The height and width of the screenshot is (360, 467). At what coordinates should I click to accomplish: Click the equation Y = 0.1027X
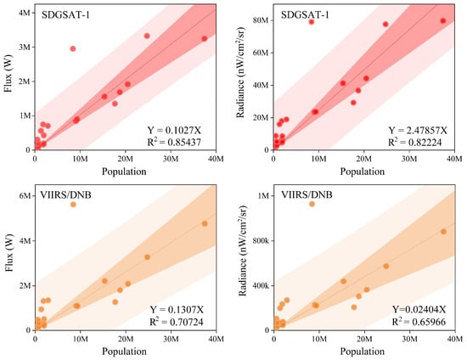pyautogui.click(x=174, y=130)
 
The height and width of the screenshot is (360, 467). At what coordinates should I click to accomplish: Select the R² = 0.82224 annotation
pyautogui.click(x=414, y=142)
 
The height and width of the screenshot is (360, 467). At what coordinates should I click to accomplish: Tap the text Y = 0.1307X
pyautogui.click(x=177, y=310)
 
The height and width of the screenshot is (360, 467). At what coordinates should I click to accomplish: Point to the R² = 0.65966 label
pyautogui.click(x=419, y=322)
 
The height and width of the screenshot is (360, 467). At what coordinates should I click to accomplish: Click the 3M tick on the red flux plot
pyautogui.click(x=25, y=47)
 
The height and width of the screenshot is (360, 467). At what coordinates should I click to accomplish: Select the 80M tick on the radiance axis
pyautogui.click(x=262, y=20)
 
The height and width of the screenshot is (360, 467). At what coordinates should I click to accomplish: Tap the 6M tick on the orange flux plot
pyautogui.click(x=25, y=195)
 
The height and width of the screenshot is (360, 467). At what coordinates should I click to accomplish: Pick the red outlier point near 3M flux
pyautogui.click(x=73, y=48)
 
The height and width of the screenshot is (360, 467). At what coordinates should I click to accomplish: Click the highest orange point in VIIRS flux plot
pyautogui.click(x=73, y=205)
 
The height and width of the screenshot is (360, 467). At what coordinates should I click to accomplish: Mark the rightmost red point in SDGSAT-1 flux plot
pyautogui.click(x=205, y=39)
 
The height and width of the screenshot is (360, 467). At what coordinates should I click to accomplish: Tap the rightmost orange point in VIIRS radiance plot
pyautogui.click(x=443, y=231)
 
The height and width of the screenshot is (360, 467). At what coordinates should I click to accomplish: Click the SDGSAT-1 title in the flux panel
pyautogui.click(x=65, y=15)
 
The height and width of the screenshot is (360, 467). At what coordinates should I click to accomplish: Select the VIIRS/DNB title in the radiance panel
pyautogui.click(x=307, y=194)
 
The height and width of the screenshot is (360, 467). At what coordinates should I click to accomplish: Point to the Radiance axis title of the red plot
pyautogui.click(x=240, y=72)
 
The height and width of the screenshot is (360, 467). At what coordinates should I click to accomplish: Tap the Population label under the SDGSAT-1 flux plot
pyautogui.click(x=124, y=172)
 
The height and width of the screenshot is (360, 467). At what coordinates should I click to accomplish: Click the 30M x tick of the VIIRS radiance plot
pyautogui.click(x=409, y=339)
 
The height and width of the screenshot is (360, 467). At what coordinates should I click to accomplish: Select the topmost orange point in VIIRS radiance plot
pyautogui.click(x=312, y=204)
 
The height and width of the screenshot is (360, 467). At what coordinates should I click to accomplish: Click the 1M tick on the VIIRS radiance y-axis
pyautogui.click(x=263, y=195)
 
